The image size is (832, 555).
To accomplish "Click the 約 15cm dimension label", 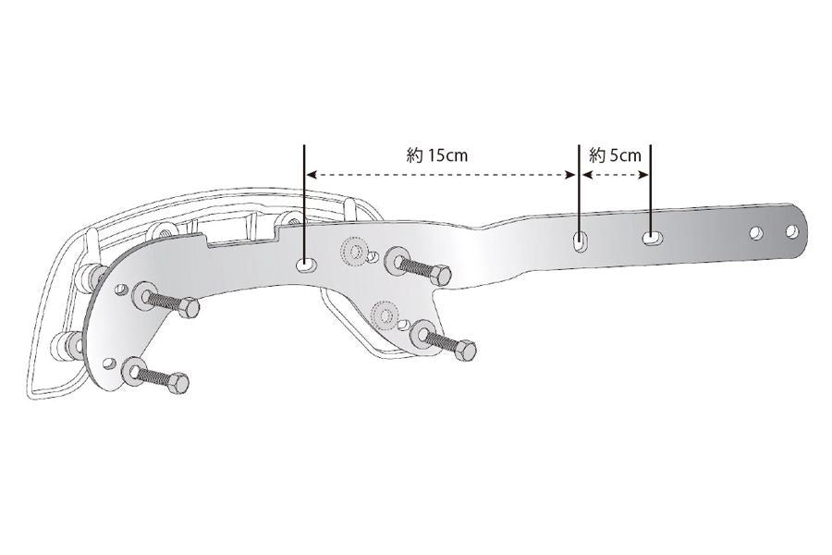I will click(437, 155).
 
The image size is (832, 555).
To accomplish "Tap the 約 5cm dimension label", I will click(615, 155).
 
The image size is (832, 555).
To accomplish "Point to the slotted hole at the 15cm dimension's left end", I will click(305, 265).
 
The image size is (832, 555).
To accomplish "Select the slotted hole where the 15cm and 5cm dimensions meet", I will click(580, 242).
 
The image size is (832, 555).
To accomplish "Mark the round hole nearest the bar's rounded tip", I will click(791, 229).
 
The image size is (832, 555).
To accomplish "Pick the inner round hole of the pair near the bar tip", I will click(756, 233).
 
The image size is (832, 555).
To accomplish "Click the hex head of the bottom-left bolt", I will click(174, 381).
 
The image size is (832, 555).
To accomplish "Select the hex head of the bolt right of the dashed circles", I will click(441, 275).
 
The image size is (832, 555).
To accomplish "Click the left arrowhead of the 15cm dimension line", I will click(311, 173).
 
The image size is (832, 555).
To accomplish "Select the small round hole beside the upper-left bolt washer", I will click(119, 289).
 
